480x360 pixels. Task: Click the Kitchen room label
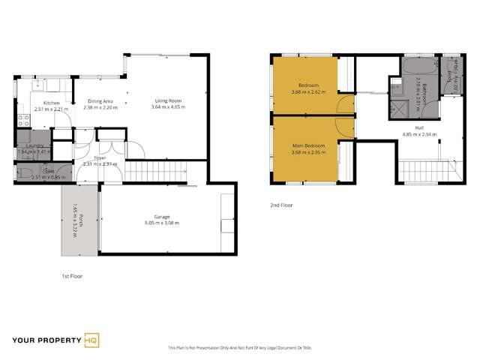pos(51,103)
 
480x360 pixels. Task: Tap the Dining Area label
pos(100,101)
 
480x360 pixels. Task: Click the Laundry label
pos(33,145)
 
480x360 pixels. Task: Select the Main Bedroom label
pos(304,147)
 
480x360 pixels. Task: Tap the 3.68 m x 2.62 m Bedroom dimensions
pos(304,92)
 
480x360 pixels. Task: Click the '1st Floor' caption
pos(72,277)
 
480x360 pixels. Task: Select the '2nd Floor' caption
pos(282,204)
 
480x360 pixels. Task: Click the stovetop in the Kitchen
pos(23,121)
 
